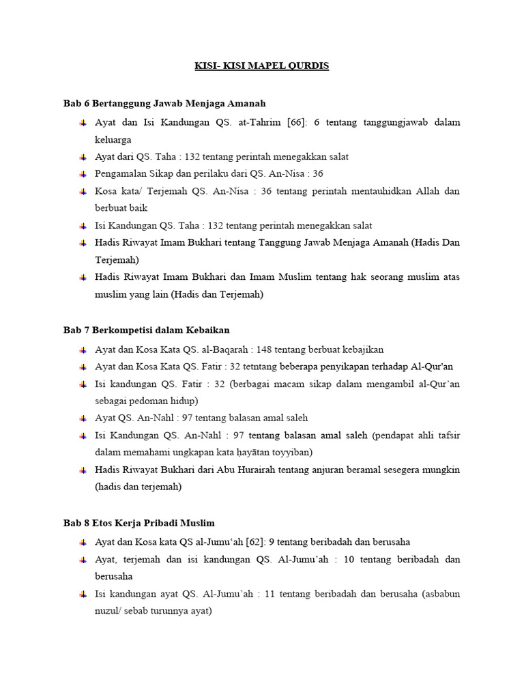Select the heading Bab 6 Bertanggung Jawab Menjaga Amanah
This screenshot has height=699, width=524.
coord(164,103)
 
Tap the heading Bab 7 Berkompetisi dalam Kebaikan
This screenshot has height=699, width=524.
coord(146,330)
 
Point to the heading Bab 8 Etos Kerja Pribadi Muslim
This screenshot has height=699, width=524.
coord(139,523)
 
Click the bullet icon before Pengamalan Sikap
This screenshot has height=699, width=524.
coord(83,173)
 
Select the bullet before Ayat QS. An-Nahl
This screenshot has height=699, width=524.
coord(83,418)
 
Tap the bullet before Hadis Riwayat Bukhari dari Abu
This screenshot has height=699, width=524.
coord(83,470)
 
